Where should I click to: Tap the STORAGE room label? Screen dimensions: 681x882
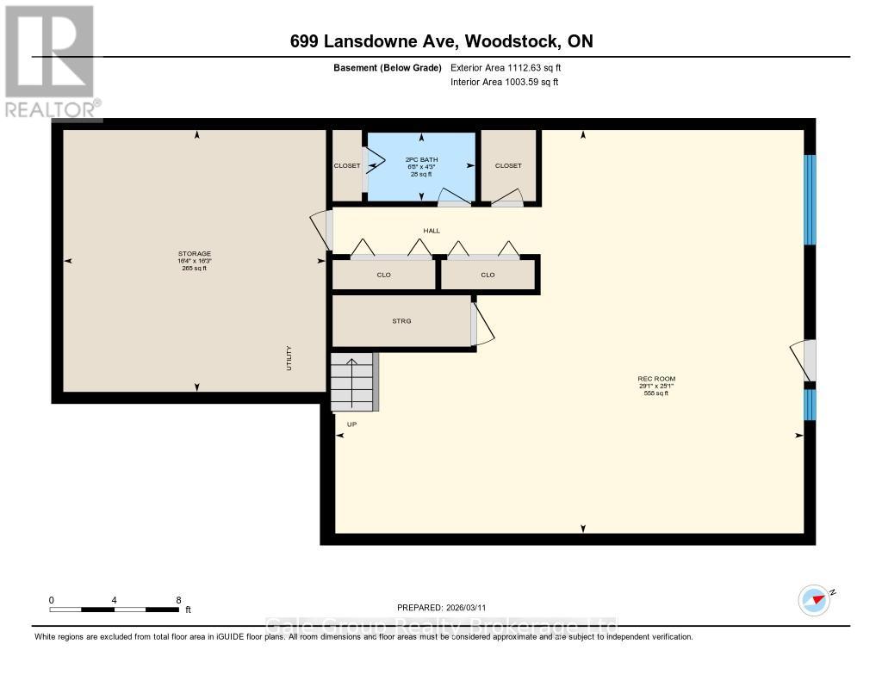pos(194,254)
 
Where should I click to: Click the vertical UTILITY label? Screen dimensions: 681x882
pos(289,358)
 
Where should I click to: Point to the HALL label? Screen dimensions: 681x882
pos(431,231)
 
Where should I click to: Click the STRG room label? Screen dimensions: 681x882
pos(401,321)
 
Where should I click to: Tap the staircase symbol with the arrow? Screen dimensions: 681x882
pos(353,381)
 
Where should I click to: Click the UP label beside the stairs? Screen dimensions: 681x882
pos(351,424)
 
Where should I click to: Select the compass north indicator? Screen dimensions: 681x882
pos(815,599)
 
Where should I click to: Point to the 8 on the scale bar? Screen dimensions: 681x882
pos(178,600)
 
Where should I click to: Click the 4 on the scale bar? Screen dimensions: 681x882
pos(115,600)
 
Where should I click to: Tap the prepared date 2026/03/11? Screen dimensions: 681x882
pos(447,608)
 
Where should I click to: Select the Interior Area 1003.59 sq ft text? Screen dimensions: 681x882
pos(505,82)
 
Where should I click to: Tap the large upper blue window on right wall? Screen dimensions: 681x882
pos(810,200)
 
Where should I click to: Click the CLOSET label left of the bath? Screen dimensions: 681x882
pos(347,165)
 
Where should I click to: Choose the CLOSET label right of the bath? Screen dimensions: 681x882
pos(508,165)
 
